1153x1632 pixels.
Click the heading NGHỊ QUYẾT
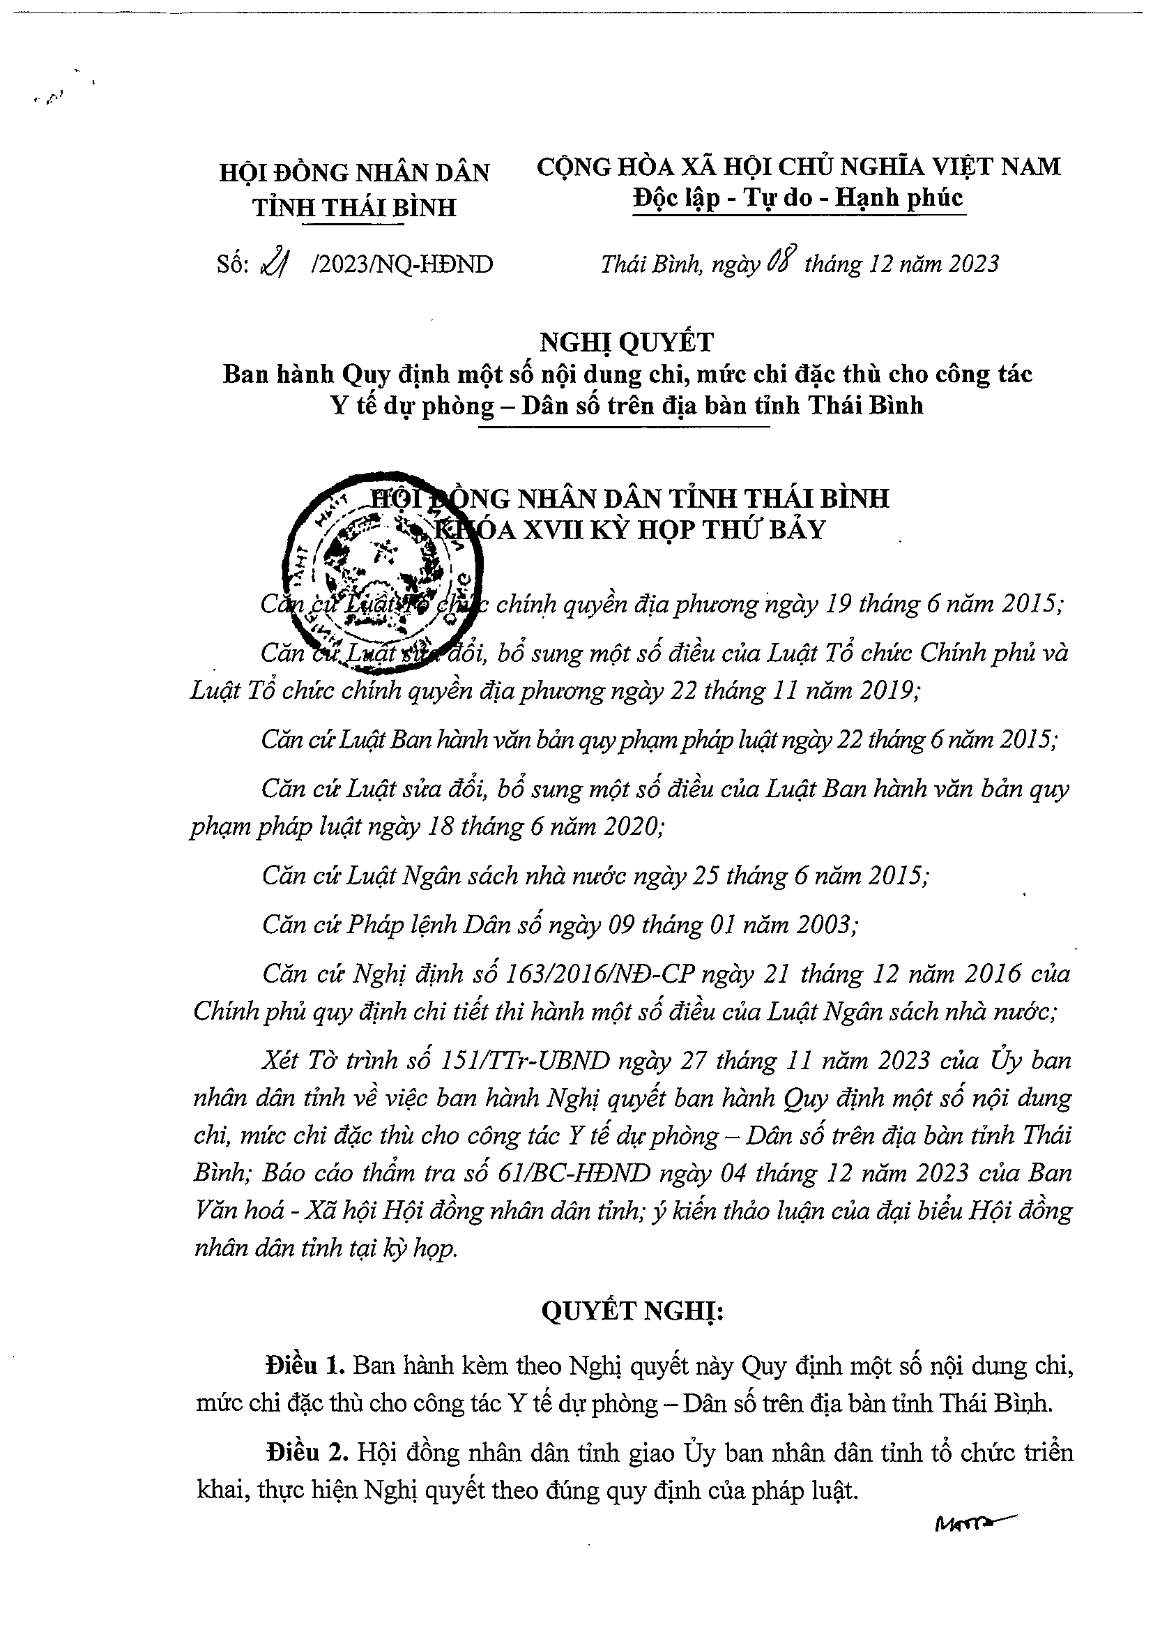tap(627, 342)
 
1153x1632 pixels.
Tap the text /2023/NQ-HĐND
tap(402, 265)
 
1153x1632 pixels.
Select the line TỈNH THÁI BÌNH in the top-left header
tap(355, 208)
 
